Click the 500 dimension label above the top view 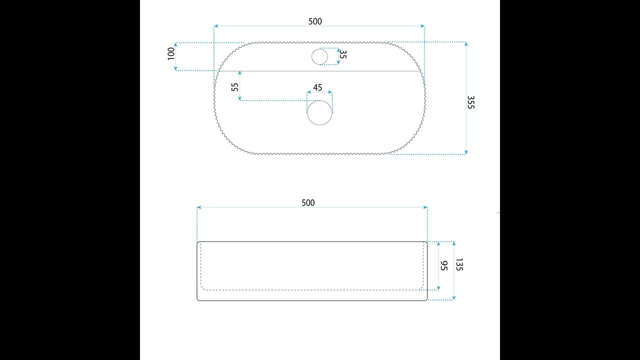(x=315, y=21)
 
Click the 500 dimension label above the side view (x=308, y=203)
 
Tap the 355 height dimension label (x=470, y=102)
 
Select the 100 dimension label (x=171, y=53)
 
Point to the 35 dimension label (x=343, y=54)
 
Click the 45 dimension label (x=317, y=87)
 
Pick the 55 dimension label (x=234, y=87)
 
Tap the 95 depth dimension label (x=443, y=265)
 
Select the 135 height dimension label (x=459, y=264)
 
